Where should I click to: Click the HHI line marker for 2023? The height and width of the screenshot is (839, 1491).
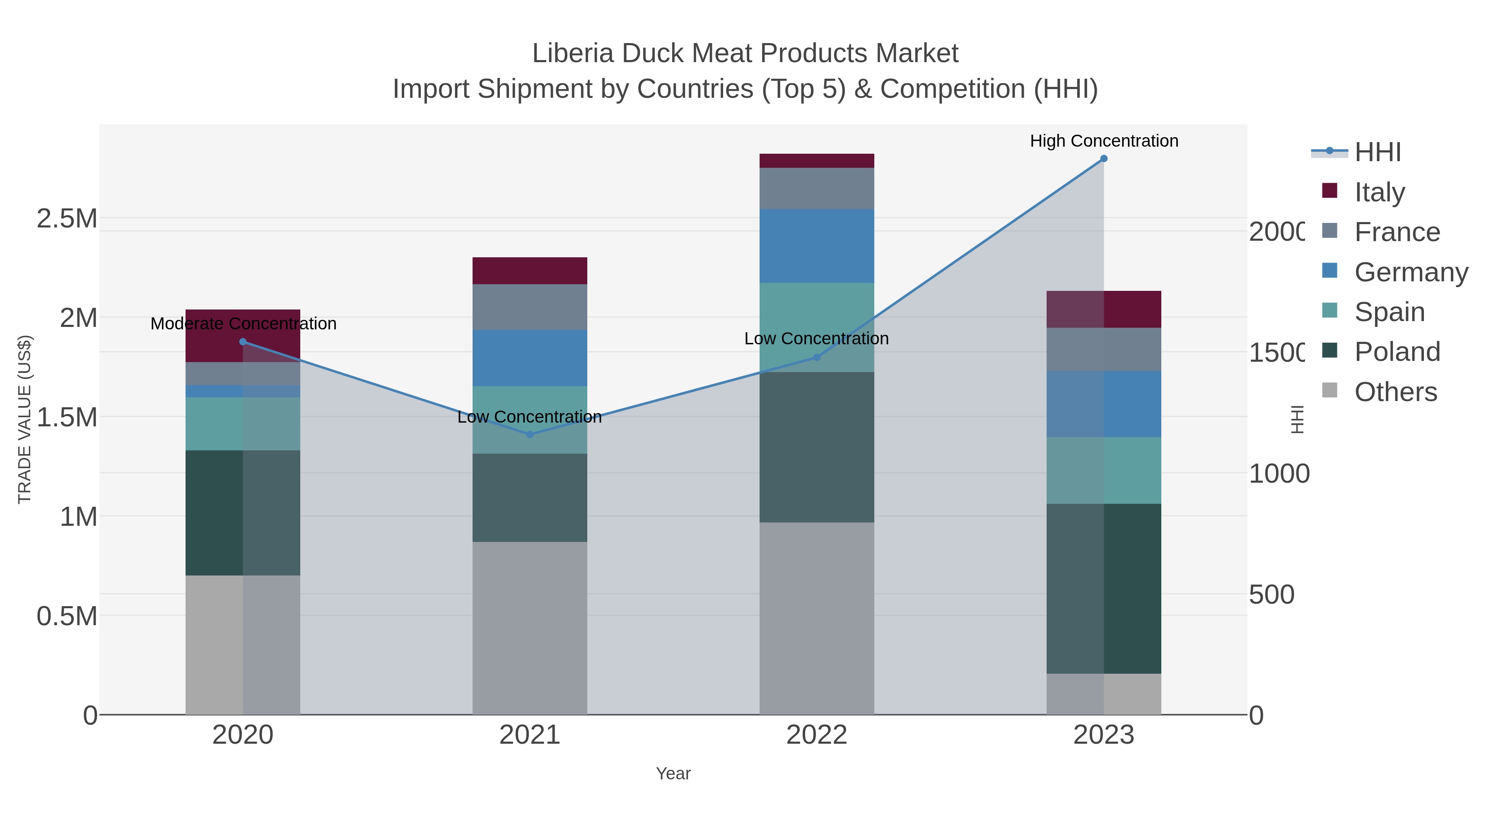coord(1103,159)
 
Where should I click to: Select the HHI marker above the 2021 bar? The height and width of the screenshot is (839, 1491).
coord(530,434)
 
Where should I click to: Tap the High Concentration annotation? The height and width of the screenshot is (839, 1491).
coord(1104,141)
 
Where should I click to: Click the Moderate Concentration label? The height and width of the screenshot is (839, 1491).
coord(243,324)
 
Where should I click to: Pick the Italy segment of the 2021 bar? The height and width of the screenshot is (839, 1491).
coord(530,271)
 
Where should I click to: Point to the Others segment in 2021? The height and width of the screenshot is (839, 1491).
coord(530,628)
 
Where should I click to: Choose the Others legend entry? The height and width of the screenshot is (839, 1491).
coord(1395,392)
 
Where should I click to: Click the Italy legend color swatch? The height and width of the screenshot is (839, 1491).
coord(1329,191)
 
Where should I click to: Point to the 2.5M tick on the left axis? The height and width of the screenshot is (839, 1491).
coord(67,219)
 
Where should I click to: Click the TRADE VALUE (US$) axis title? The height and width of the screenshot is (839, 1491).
coord(24,419)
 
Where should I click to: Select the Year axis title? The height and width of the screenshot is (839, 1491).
coord(673,774)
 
